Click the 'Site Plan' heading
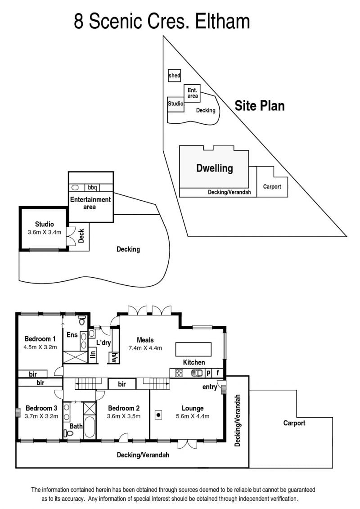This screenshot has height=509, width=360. (259, 106)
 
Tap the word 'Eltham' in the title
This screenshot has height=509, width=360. (222, 21)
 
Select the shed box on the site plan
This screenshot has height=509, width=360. (174, 76)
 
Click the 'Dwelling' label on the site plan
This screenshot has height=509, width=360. (215, 168)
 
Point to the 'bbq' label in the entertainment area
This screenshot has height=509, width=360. (92, 187)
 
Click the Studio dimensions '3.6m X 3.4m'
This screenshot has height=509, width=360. (45, 232)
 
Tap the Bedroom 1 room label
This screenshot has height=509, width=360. (40, 339)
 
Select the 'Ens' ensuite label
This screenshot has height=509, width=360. (72, 335)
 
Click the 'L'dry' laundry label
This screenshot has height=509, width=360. (103, 342)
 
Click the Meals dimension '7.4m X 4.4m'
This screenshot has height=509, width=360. (145, 348)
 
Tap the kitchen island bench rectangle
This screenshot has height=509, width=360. (193, 349)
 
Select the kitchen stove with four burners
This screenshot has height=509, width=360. (179, 373)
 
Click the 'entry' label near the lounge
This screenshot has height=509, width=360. (210, 387)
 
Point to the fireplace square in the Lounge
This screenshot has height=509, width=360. (158, 415)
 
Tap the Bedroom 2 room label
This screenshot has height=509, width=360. (124, 408)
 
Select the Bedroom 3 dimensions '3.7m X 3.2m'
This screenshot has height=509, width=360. (41, 416)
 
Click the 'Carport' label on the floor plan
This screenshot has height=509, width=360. (294, 423)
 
